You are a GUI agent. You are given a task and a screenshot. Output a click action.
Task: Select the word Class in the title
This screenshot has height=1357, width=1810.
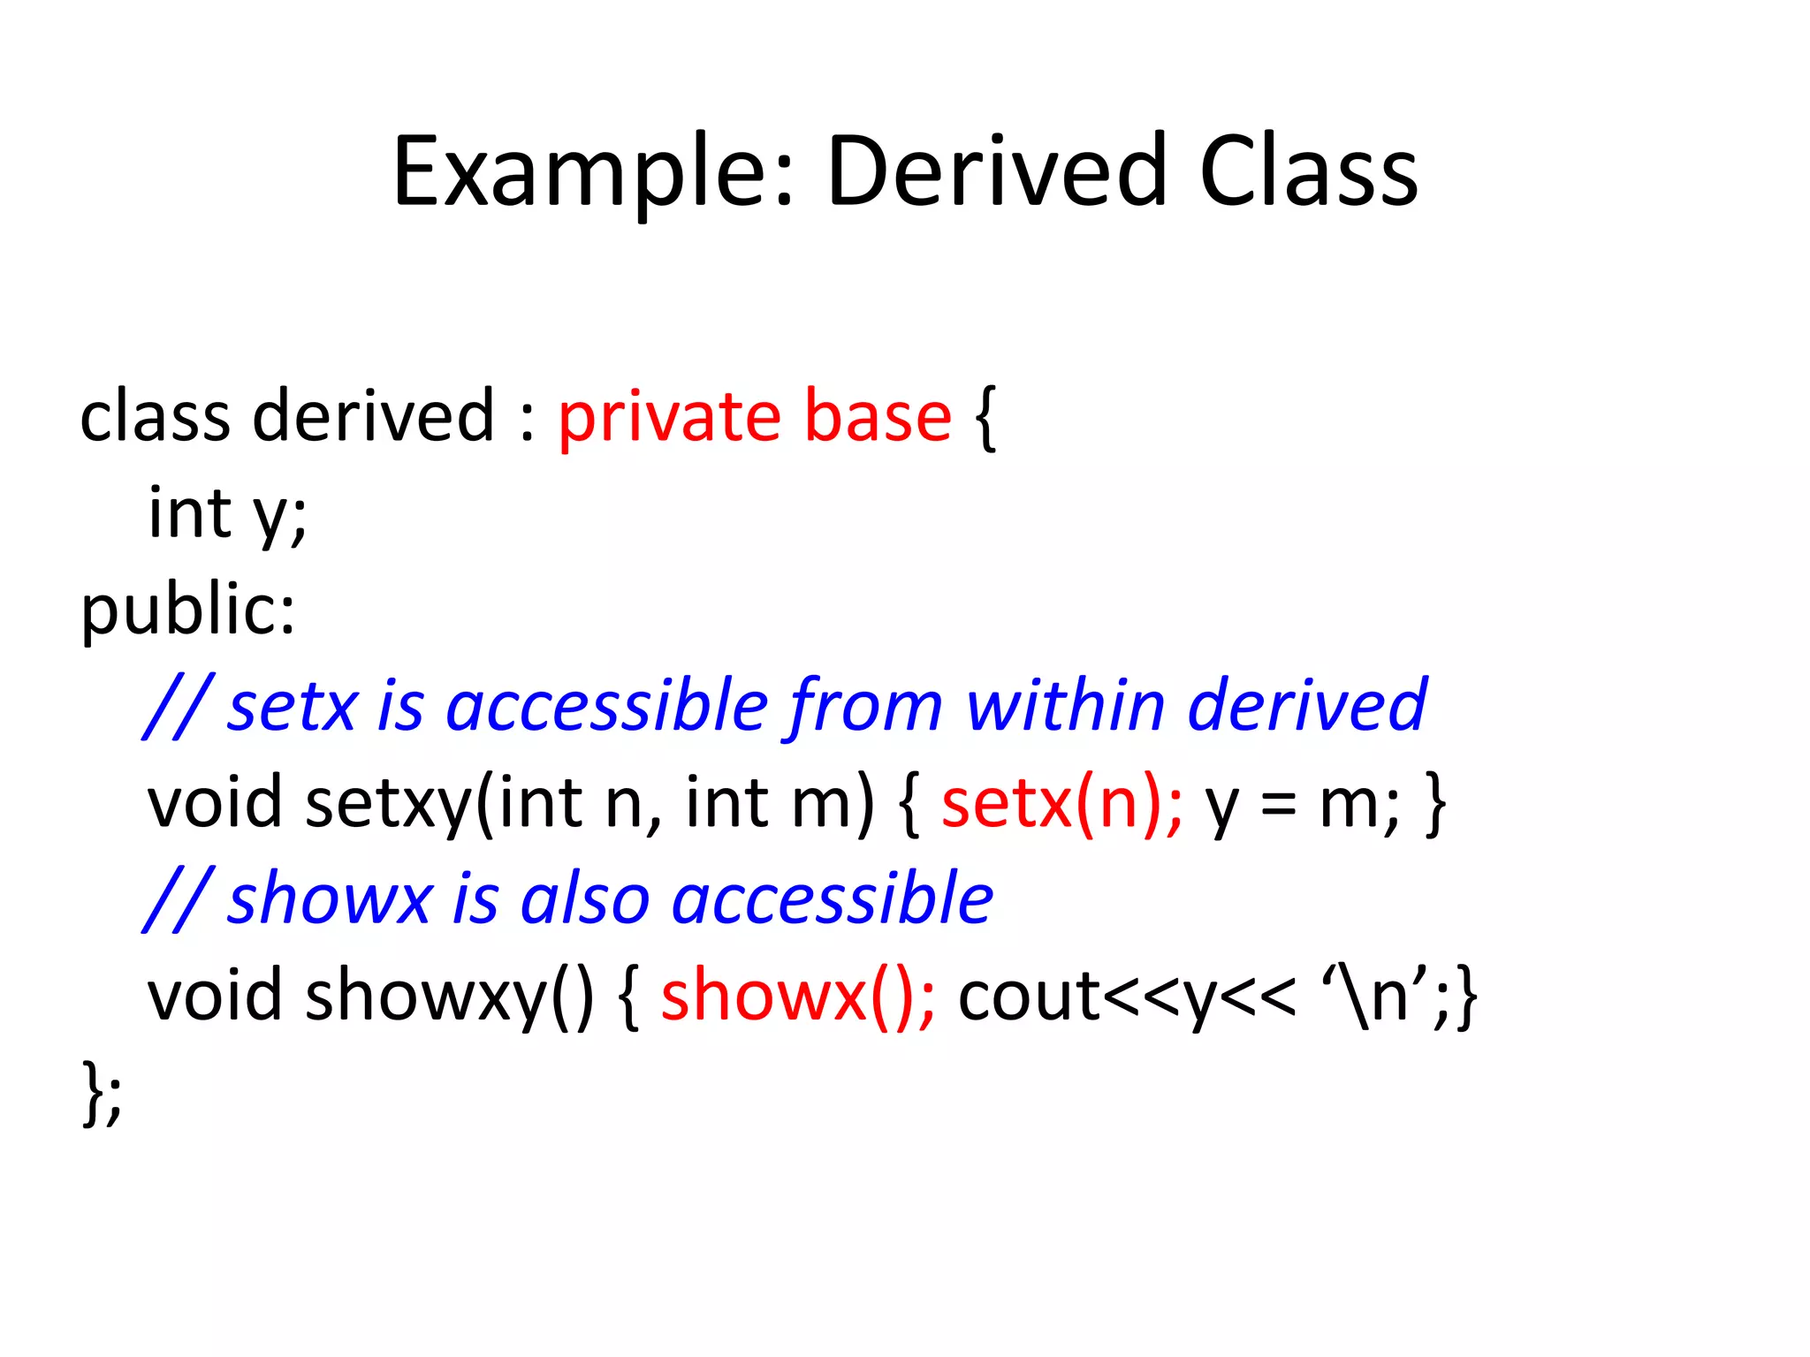point(1308,172)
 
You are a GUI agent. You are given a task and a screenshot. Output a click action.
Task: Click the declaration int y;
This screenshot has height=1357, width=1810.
point(227,514)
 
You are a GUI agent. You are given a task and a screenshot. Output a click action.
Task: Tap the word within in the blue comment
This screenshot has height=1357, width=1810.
point(1065,707)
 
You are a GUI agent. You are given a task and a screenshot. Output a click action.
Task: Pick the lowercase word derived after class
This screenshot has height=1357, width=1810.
point(373,417)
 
